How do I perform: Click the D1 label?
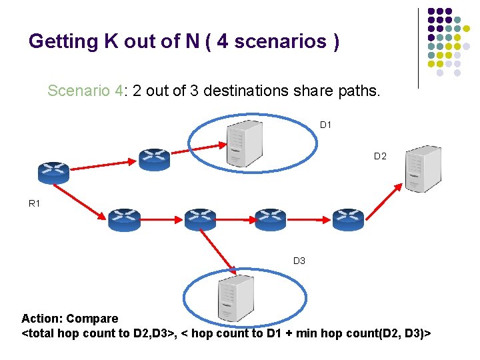click(325, 125)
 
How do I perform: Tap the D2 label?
click(380, 156)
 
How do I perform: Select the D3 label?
click(299, 261)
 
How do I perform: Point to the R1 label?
click(35, 203)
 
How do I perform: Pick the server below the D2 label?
click(423, 169)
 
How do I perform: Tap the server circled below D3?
click(235, 298)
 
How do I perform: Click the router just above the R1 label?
click(53, 173)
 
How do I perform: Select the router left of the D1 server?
click(155, 159)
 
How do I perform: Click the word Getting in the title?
click(63, 42)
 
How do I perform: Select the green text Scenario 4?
click(85, 91)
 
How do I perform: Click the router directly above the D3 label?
click(271, 219)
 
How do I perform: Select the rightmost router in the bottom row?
click(348, 219)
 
